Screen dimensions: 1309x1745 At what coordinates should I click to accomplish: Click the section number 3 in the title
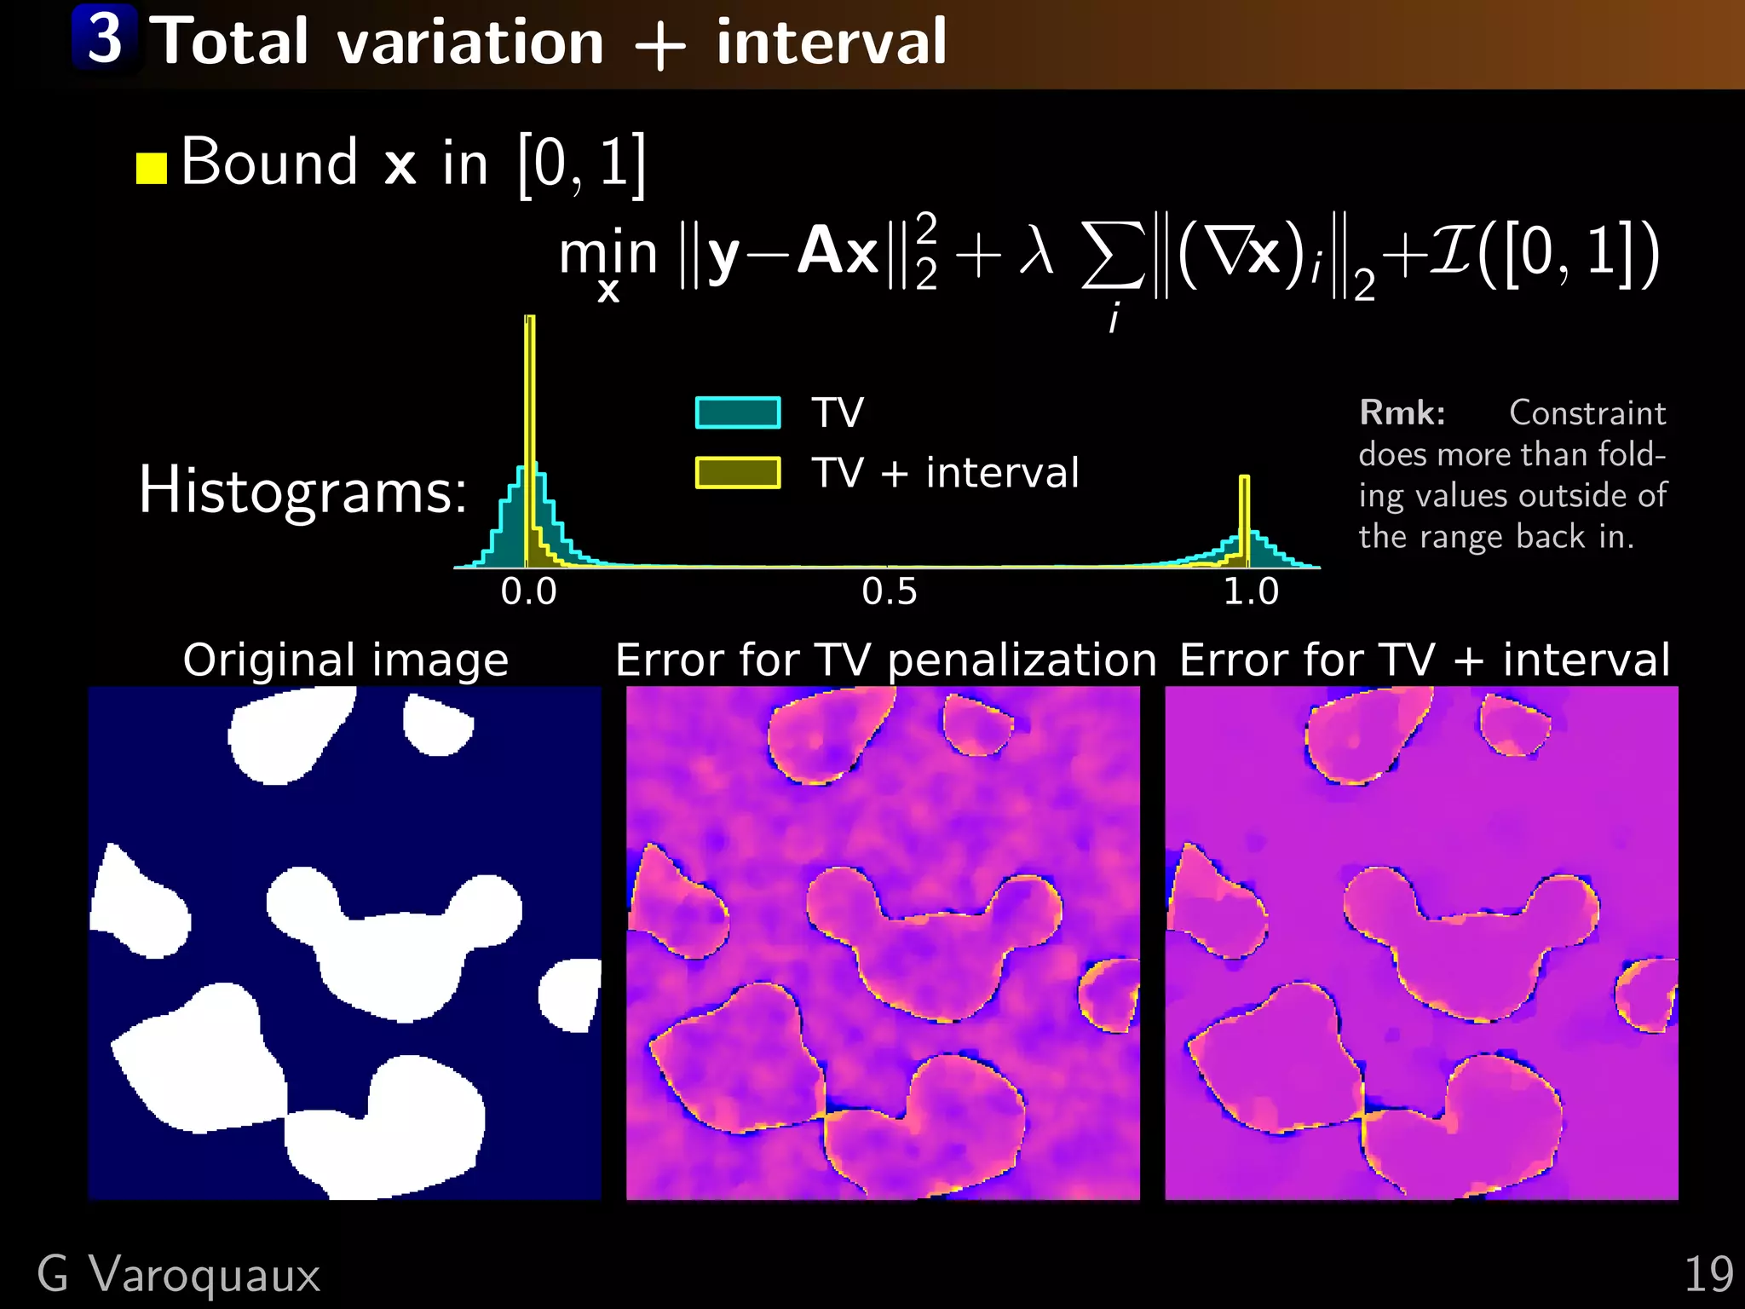[x=106, y=38]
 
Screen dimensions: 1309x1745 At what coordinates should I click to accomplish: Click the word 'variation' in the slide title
[x=470, y=43]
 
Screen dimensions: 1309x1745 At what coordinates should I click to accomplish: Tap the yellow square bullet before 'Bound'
[x=152, y=168]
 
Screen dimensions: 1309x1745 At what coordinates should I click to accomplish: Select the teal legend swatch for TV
[x=738, y=412]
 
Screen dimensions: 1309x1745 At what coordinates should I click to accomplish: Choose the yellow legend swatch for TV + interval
[x=738, y=472]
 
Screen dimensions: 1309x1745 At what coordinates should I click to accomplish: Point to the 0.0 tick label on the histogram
[x=528, y=591]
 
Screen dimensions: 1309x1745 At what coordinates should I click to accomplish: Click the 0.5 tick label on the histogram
[x=890, y=591]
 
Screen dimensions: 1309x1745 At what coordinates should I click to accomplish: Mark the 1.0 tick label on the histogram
[x=1251, y=591]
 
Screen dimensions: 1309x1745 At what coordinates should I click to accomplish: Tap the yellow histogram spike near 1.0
[x=1244, y=511]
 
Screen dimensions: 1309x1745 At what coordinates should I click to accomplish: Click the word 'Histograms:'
[x=302, y=491]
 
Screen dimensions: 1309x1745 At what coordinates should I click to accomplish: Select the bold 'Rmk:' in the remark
[x=1402, y=413]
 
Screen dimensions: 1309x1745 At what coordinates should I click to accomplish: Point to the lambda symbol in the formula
[x=1036, y=253]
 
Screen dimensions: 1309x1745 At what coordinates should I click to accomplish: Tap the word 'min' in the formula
[x=608, y=254]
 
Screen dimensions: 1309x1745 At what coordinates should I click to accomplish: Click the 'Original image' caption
[x=346, y=660]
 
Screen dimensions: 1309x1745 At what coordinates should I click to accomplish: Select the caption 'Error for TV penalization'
[x=886, y=660]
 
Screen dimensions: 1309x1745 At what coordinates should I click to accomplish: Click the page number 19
[x=1708, y=1275]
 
